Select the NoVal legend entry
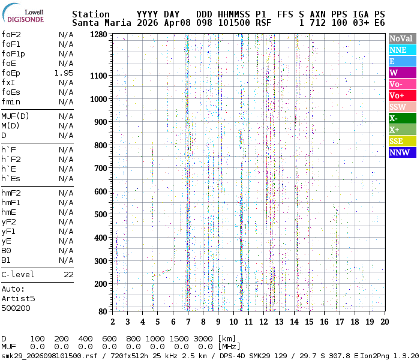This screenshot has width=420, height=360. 401,38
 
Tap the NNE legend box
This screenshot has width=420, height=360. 401,50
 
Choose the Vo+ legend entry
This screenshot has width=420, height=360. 401,95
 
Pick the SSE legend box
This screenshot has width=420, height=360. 401,141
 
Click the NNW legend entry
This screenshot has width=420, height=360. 401,152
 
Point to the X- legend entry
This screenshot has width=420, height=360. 401,118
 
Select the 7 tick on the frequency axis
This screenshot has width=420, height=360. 188,322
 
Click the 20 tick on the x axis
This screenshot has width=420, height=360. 384,322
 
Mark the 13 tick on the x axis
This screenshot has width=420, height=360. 278,322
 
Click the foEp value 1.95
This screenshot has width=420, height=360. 64,73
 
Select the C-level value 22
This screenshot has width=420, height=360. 68,275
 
